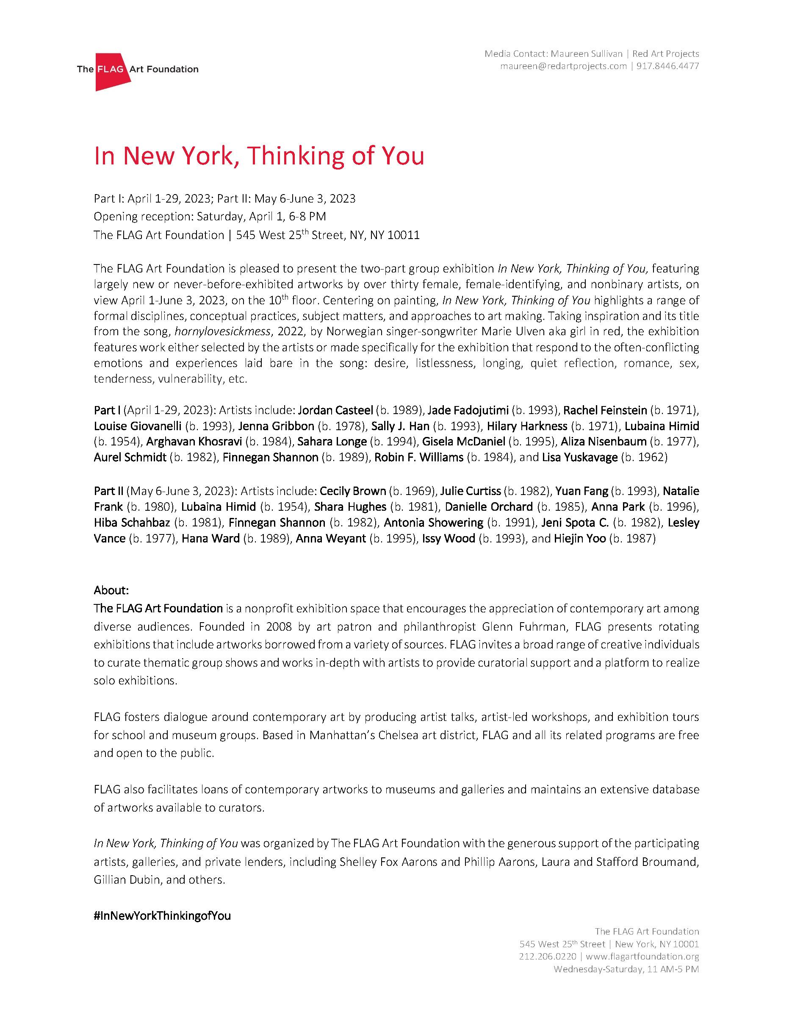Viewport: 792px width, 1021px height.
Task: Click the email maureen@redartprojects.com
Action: coord(563,66)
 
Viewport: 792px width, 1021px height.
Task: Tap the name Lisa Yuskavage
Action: coord(579,457)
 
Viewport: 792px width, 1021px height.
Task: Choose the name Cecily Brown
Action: coord(353,491)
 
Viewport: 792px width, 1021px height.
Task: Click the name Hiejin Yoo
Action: coord(579,538)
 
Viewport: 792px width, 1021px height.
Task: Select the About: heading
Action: coord(111,590)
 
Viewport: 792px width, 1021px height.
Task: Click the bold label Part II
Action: coord(108,491)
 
